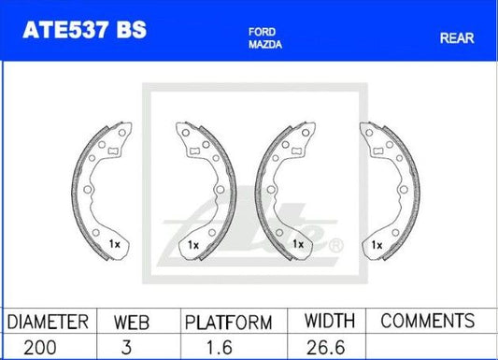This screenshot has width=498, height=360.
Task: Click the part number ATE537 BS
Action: [x=84, y=30]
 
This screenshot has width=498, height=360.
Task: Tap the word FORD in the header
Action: [x=262, y=32]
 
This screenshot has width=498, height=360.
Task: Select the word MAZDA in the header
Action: [x=265, y=45]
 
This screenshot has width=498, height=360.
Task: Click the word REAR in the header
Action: [x=457, y=38]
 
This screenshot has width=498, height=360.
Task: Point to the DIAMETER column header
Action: [x=48, y=322]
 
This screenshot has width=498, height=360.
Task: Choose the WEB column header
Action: [x=132, y=323]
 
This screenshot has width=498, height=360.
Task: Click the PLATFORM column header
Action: [x=228, y=323]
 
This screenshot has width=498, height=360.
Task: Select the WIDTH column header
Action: [x=330, y=321]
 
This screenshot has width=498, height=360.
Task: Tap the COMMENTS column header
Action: [x=428, y=321]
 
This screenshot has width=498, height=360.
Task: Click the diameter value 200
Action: [x=40, y=347]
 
